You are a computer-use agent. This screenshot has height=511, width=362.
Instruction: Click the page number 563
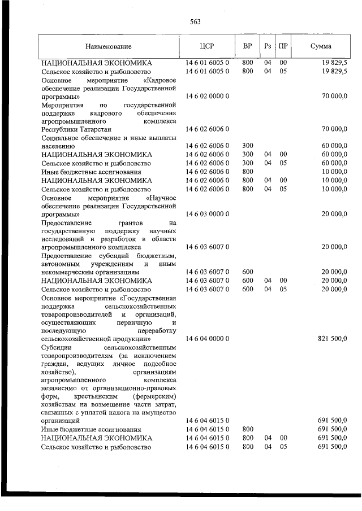pos(196,22)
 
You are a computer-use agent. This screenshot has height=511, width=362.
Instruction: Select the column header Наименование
pos(109,46)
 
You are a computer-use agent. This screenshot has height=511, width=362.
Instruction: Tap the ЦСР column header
pos(206,46)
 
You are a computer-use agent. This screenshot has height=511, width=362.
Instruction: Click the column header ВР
pos(247,46)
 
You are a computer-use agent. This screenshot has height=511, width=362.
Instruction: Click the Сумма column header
pos(321,46)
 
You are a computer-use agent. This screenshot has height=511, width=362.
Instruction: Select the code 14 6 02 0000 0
pos(206,97)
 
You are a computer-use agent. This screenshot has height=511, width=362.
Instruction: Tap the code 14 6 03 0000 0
pos(206,215)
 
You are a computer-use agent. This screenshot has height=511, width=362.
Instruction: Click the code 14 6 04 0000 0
pos(206,338)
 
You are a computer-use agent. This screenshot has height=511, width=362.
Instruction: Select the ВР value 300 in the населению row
pos(247,145)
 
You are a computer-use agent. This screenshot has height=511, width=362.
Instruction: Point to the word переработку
pos(156,330)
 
